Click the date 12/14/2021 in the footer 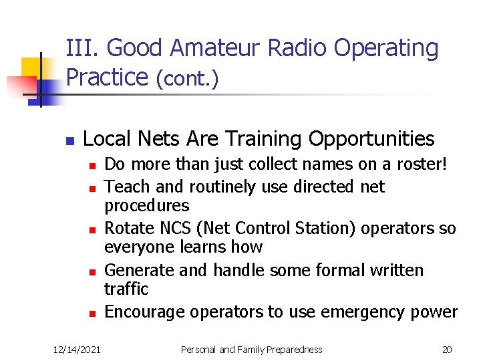click(77, 350)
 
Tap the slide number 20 click(447, 350)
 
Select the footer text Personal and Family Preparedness click(252, 350)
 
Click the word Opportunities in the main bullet click(371, 139)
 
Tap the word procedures click(147, 205)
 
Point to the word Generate click(140, 271)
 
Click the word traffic click(126, 289)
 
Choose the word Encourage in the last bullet click(146, 312)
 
